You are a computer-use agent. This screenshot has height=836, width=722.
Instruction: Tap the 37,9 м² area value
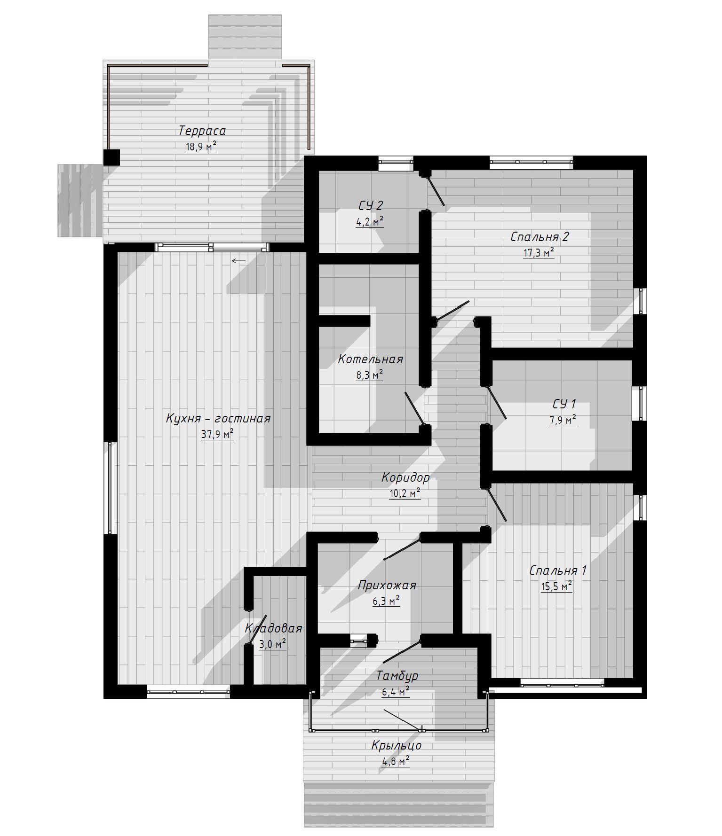coord(217,434)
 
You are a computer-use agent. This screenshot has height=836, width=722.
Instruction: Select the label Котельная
coord(370,359)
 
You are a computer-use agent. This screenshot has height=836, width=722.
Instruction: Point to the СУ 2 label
coord(371,205)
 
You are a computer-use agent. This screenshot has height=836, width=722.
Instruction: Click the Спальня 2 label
coord(540,237)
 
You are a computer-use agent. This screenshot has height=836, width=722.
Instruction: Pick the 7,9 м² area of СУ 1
coord(563,420)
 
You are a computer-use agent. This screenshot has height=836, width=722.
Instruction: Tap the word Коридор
coord(405,478)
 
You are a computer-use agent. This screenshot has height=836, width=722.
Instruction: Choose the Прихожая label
coord(387,586)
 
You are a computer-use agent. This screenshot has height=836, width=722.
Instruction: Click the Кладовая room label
coord(274,629)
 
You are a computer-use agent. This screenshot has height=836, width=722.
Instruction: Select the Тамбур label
coord(397,676)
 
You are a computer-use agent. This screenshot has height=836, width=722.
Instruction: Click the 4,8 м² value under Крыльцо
coord(396,761)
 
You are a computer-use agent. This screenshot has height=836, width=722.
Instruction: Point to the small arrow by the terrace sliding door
coord(238,261)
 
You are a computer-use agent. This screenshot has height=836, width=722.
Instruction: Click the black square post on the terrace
coord(111,157)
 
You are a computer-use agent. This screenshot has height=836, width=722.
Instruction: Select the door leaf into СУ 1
coord(496,403)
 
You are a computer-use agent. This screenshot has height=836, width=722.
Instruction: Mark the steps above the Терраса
coord(245,37)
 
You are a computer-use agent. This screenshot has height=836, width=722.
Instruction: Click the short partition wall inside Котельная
coord(345,320)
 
